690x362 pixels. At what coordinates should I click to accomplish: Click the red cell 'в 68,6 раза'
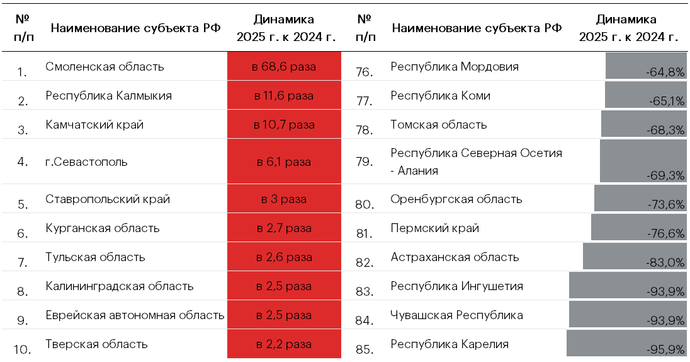(284, 66)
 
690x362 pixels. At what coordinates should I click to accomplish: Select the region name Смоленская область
(105, 66)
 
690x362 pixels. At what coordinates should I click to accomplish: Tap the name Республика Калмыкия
(108, 96)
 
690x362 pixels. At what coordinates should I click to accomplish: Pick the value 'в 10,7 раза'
(284, 125)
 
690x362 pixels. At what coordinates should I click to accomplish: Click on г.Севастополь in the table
(86, 161)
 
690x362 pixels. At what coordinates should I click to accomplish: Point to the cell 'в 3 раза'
(284, 199)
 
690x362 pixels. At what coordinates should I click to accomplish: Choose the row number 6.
(23, 233)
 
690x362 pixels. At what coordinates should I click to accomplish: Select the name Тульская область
(95, 257)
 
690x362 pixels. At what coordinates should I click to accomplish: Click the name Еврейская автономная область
(135, 315)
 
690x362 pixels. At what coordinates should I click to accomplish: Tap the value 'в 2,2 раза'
(284, 344)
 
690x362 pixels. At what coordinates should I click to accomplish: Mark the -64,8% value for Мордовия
(665, 73)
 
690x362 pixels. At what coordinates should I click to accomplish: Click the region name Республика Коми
(440, 96)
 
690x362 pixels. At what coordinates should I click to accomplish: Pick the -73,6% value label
(665, 204)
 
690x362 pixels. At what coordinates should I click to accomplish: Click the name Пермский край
(434, 228)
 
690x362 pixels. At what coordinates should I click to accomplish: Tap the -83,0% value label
(665, 262)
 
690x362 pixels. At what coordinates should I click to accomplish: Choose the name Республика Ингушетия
(456, 286)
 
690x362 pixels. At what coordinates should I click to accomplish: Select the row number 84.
(365, 320)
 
